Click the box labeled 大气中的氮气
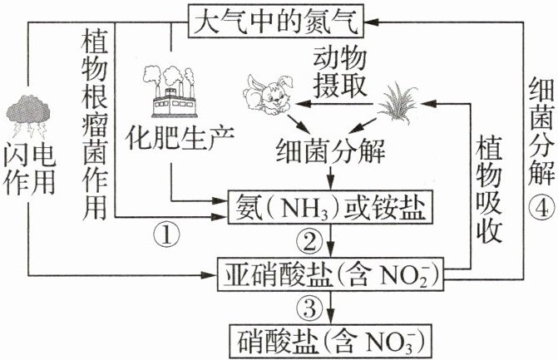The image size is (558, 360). tap(276, 21)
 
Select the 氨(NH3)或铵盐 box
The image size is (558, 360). tap(331, 207)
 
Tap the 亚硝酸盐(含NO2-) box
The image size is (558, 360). tap(331, 274)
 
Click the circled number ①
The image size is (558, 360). tap(166, 235)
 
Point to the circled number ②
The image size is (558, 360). tap(309, 241)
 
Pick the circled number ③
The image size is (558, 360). tap(309, 307)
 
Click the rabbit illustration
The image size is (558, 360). tap(269, 94)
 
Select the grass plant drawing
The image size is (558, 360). tap(398, 103)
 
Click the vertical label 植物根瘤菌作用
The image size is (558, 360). tap(94, 124)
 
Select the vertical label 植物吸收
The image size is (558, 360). tap(489, 189)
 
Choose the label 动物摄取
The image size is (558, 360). tap(339, 74)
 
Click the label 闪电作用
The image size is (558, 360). tap(29, 171)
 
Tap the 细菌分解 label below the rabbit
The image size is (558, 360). tap(331, 153)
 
